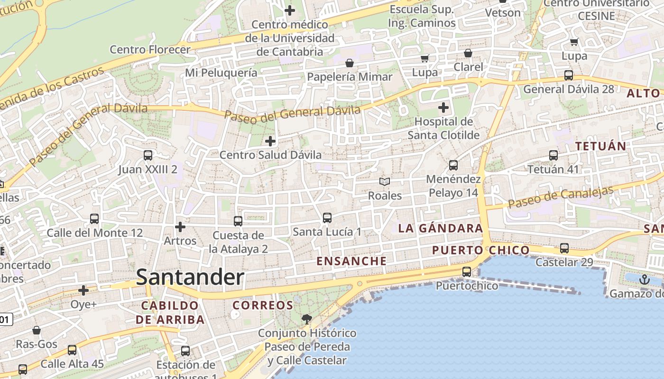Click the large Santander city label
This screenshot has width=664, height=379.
[190, 278]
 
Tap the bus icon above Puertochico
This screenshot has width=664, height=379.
[467, 271]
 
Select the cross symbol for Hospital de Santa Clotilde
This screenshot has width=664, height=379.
[443, 108]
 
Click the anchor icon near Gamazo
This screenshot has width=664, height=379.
[644, 280]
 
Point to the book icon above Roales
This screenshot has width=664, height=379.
[385, 181]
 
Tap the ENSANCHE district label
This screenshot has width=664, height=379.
[351, 261]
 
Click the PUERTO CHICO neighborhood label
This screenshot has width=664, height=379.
[481, 250]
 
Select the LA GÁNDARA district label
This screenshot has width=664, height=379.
[440, 228]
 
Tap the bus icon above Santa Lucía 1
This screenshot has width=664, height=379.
[327, 218]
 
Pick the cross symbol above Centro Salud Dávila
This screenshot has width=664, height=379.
[270, 141]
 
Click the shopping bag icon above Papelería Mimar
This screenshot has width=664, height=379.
[350, 63]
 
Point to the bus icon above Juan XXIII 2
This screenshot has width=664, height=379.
[148, 155]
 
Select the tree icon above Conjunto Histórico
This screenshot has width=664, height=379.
[307, 319]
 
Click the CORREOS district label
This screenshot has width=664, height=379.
[263, 306]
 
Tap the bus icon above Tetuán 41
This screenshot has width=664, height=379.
[553, 155]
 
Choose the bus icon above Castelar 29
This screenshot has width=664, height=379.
[564, 248]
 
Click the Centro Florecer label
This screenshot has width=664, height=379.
[150, 49]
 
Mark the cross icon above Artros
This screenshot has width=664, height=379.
[180, 227]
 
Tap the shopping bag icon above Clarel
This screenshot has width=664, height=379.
[468, 53]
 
